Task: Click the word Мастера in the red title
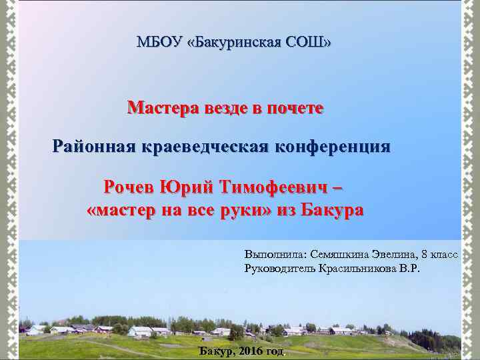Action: tap(162, 107)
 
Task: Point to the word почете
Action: tap(295, 107)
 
